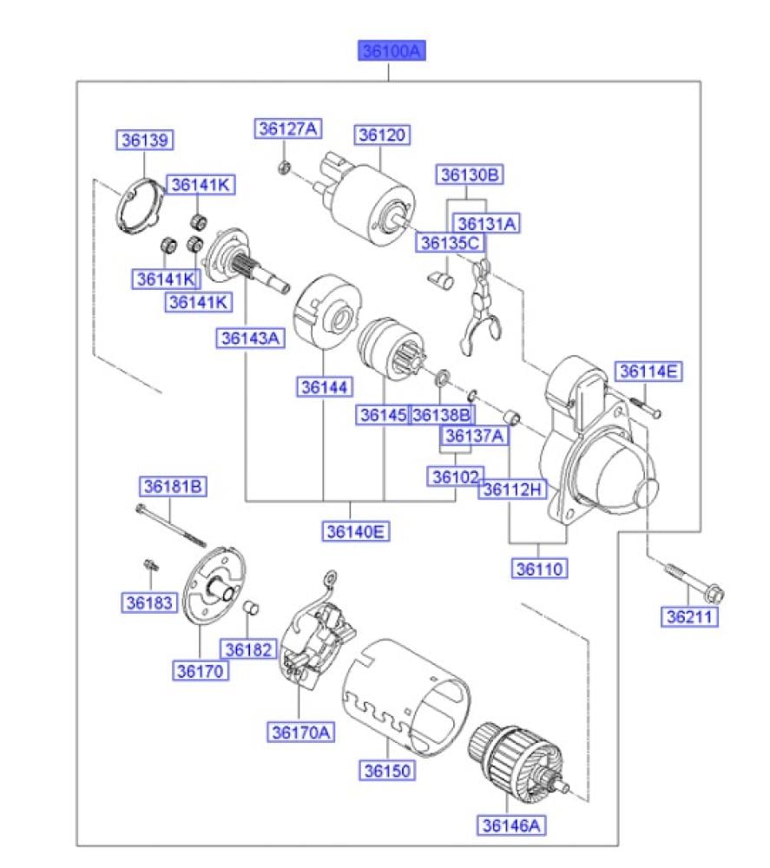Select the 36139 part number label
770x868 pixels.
pos(146,140)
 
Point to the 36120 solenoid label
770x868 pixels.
pos(382,135)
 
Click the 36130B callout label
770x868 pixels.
pos(470,175)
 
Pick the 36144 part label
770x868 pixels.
pos(324,385)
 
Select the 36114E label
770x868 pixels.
pos(650,372)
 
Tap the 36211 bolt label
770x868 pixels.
pos(688,617)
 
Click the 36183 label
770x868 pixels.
pos(148,602)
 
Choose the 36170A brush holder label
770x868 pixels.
pos(300,733)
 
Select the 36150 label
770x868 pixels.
pos(388,770)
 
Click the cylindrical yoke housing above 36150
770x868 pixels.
pos(408,694)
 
